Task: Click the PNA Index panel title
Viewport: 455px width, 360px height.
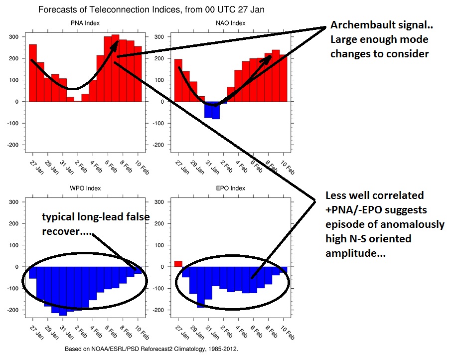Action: point(85,23)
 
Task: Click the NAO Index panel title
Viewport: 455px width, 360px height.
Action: point(230,23)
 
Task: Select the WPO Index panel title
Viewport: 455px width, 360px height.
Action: point(85,188)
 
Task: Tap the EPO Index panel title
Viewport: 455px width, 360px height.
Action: point(230,188)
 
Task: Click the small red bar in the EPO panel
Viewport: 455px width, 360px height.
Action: point(178,264)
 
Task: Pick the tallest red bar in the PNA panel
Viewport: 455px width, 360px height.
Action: point(116,68)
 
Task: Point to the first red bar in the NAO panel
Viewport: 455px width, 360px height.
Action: point(178,80)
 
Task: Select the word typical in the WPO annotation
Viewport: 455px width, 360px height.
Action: point(58,217)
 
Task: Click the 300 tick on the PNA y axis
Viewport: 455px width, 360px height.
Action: point(13,37)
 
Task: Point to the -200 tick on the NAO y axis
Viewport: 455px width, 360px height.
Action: point(158,145)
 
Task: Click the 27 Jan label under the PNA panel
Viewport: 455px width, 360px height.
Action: point(37,168)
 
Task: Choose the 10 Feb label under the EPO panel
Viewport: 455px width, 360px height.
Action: point(287,333)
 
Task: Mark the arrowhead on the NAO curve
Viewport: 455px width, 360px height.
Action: point(267,58)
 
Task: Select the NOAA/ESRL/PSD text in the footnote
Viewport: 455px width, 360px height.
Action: point(115,349)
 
